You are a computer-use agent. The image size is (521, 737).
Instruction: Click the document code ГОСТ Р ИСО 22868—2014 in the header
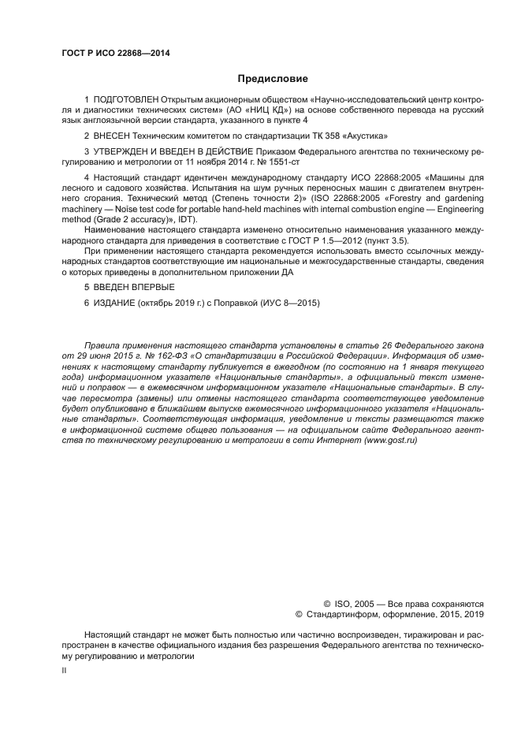coord(115,54)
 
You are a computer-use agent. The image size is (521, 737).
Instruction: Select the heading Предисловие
coord(272,78)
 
